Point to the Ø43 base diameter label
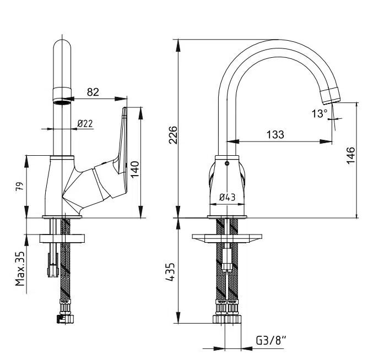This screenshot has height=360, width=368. [x=227, y=196]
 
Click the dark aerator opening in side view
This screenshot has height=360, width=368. [x=63, y=100]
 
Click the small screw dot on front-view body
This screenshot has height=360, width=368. [x=226, y=163]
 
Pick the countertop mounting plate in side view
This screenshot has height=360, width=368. [x=63, y=238]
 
